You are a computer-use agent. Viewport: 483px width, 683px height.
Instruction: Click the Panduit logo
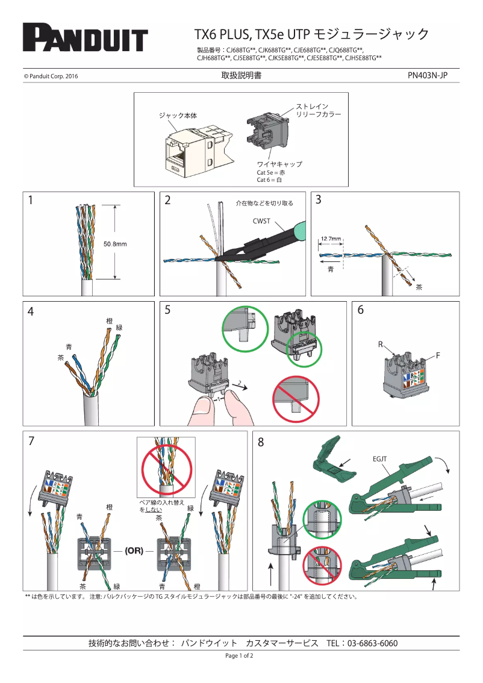pyautogui.click(x=85, y=38)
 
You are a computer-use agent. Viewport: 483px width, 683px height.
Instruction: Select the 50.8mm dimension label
pyautogui.click(x=115, y=244)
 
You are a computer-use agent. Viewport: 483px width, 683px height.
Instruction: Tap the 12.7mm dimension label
pyautogui.click(x=331, y=239)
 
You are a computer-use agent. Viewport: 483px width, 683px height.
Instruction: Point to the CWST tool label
pyautogui.click(x=261, y=222)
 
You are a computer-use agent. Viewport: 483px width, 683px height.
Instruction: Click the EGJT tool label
pyautogui.click(x=379, y=459)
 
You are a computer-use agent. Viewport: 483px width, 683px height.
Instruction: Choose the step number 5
pyautogui.click(x=167, y=310)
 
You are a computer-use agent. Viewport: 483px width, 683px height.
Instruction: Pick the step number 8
pyautogui.click(x=261, y=442)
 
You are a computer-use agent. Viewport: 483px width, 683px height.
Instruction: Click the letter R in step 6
pyautogui.click(x=381, y=345)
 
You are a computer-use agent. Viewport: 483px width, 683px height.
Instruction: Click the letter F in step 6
pyautogui.click(x=438, y=356)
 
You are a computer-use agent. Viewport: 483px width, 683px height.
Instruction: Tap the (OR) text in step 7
pyautogui.click(x=134, y=550)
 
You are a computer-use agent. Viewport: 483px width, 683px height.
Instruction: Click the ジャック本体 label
pyautogui.click(x=178, y=114)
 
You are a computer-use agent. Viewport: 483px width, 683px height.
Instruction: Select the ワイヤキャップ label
pyautogui.click(x=279, y=164)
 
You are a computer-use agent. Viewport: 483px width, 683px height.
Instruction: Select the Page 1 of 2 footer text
pyautogui.click(x=239, y=655)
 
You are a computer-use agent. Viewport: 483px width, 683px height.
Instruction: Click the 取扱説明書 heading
pyautogui.click(x=241, y=76)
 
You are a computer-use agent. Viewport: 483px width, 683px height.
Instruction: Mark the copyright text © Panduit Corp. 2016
pyautogui.click(x=51, y=76)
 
